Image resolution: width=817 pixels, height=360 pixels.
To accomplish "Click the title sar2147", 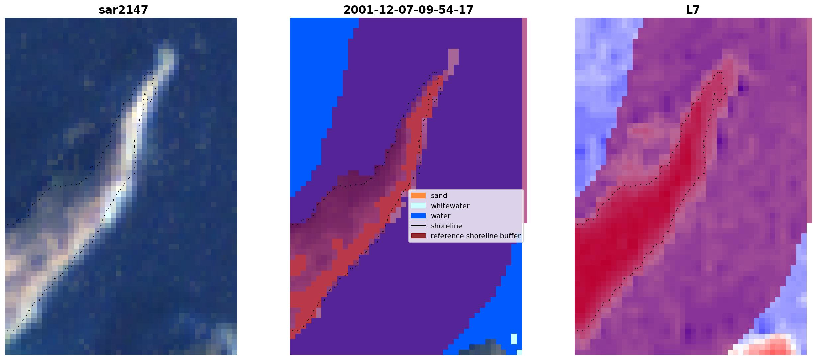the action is click(123, 10).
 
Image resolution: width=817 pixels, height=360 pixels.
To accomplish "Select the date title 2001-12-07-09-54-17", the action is click(408, 10).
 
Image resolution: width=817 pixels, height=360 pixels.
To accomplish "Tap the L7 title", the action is click(693, 10).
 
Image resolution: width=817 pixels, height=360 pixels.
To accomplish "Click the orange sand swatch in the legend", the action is click(418, 196).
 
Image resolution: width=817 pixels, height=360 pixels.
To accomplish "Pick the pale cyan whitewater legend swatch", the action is click(418, 206).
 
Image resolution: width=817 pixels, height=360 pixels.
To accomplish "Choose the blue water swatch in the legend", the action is click(418, 216).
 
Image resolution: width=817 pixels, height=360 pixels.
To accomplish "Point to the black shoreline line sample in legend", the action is click(418, 226).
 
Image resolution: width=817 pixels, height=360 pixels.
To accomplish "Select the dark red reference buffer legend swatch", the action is click(418, 236).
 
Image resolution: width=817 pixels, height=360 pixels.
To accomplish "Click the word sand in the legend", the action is click(439, 196).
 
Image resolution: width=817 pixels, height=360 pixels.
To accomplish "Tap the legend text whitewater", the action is click(450, 206).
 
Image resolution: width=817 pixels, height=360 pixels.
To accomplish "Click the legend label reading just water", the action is click(441, 216).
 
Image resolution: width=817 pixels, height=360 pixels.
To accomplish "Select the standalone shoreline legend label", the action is click(447, 226).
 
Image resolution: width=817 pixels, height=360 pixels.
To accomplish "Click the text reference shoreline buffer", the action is click(476, 236).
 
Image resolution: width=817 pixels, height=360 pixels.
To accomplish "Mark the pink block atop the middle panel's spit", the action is click(453, 57).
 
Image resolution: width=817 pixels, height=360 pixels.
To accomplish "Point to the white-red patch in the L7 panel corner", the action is click(767, 345).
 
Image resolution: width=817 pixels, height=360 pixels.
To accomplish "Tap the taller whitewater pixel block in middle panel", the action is click(514, 339).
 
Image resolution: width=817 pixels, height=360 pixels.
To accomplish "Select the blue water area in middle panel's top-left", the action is click(316, 83).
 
